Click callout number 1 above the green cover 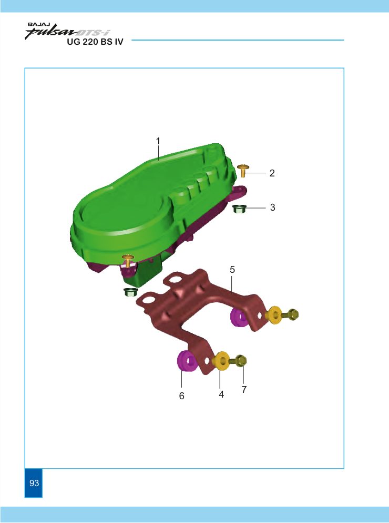click(158, 141)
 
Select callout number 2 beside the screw click(272, 173)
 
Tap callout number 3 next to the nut click(272, 208)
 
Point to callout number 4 click(221, 394)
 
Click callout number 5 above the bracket click(232, 270)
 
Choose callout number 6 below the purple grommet click(181, 396)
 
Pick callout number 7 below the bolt click(244, 389)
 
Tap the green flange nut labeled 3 click(238, 209)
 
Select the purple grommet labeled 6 click(187, 361)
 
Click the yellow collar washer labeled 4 click(221, 361)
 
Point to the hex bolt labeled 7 click(239, 360)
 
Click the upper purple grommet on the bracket click(239, 318)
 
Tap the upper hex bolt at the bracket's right click(291, 314)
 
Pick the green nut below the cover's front click(130, 292)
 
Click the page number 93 click(34, 483)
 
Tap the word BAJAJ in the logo click(37, 25)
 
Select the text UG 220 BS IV click(95, 42)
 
